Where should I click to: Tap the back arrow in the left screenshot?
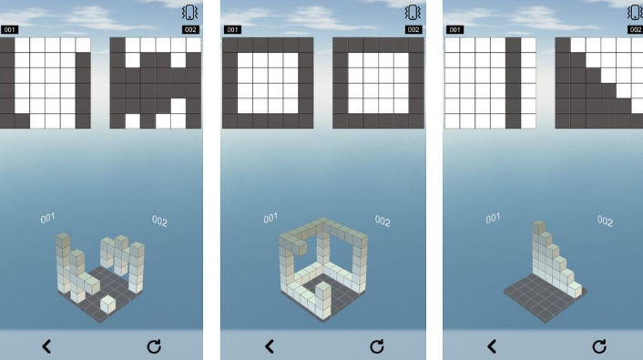(46, 346)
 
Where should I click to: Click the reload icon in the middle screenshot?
(377, 346)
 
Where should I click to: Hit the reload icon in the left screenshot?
(154, 346)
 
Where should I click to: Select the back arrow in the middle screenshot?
(270, 346)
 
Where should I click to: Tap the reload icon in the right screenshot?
(599, 346)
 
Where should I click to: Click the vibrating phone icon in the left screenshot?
(189, 13)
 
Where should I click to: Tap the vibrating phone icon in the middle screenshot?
(413, 13)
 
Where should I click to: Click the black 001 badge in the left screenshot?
(9, 29)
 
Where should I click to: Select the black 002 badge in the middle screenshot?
(413, 29)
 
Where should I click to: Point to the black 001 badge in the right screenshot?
(454, 29)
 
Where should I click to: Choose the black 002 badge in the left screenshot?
(190, 29)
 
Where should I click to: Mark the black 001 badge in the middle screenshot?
(232, 29)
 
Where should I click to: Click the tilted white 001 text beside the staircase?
(493, 219)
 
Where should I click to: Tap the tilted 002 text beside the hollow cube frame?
(383, 221)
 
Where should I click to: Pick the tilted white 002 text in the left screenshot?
(159, 221)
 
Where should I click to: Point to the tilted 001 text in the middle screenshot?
(270, 219)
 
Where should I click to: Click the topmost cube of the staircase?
(538, 228)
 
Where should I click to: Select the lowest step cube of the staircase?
(575, 289)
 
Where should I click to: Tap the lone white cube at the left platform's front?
(107, 304)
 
